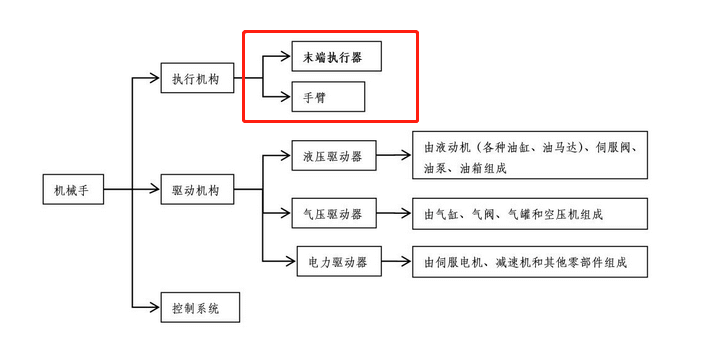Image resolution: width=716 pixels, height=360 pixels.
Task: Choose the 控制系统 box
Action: click(201, 307)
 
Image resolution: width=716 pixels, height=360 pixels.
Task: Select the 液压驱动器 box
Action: click(334, 156)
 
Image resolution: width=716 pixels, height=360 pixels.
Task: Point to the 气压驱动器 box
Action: click(334, 213)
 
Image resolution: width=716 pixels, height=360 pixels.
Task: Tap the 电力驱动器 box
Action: click(339, 262)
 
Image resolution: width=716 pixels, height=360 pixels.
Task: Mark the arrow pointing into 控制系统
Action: click(147, 307)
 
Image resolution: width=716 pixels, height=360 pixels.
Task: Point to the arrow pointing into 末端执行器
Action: click(277, 56)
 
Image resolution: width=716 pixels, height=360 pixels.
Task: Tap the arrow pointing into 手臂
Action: click(277, 96)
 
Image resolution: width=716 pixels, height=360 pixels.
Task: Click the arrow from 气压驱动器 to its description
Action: click(395, 213)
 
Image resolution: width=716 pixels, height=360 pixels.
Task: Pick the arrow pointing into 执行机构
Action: click(147, 79)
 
